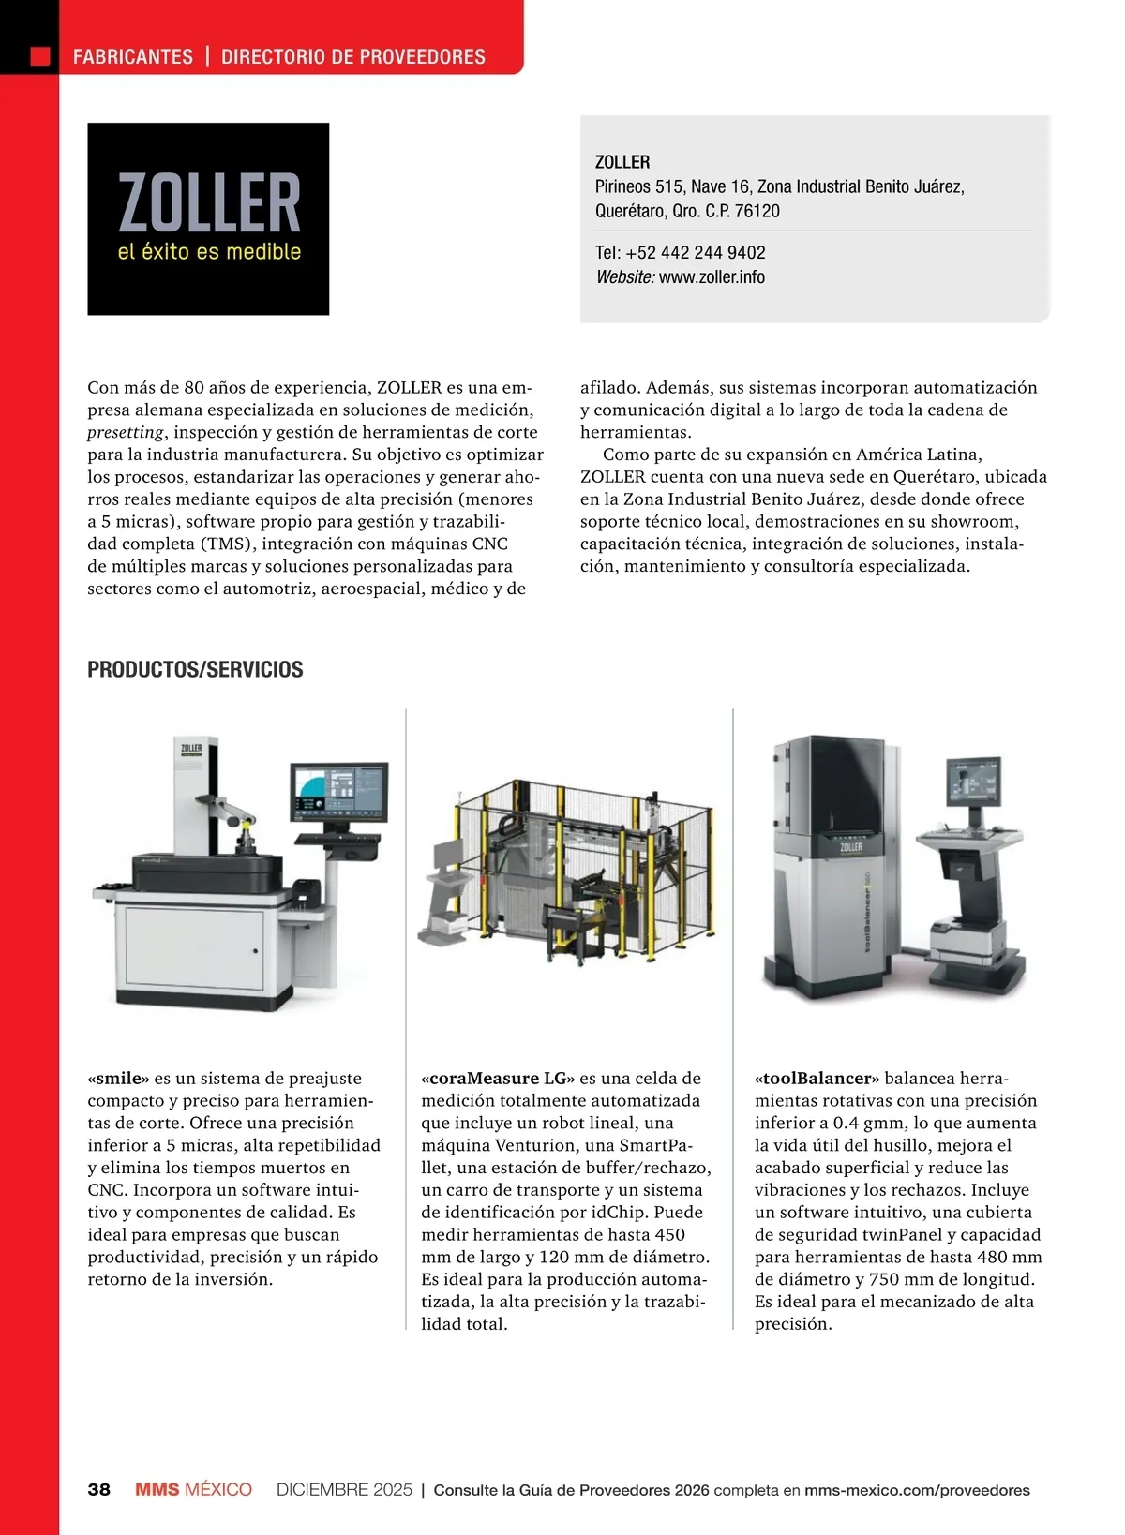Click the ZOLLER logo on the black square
[208, 201]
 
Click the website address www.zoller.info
[712, 276]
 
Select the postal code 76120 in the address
[757, 211]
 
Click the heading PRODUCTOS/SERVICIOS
[195, 669]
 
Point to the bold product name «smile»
[118, 1078]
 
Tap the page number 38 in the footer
[98, 1489]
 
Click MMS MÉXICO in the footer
[193, 1489]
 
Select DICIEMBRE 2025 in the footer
[344, 1489]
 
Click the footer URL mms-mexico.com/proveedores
[917, 1489]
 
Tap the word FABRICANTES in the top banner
[133, 56]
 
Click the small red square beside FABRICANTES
[40, 56]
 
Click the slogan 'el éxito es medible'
[209, 251]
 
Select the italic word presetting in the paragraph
[126, 432]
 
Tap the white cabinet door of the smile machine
[195, 948]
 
